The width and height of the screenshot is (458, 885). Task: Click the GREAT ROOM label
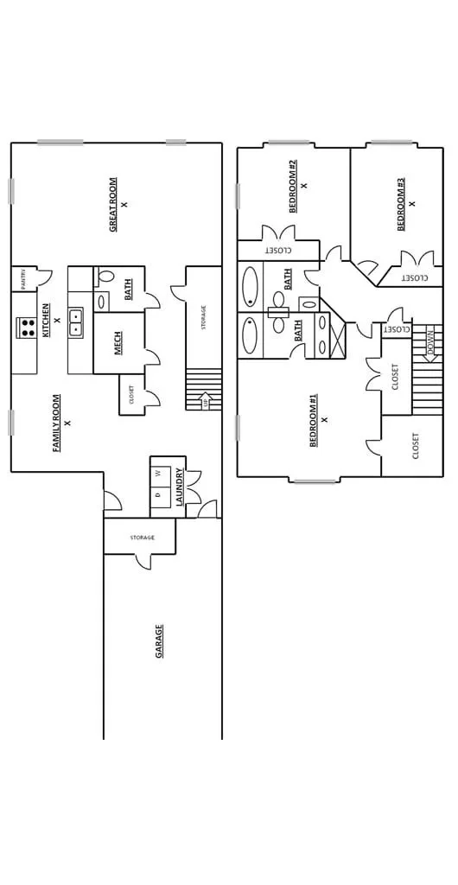(x=113, y=205)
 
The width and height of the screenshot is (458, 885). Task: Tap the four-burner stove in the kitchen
(x=25, y=328)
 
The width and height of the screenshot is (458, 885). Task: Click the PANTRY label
(x=23, y=279)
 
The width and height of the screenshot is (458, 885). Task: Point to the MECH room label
(x=118, y=342)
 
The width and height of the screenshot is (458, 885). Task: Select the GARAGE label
(x=160, y=641)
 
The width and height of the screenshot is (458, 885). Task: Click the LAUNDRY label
(x=179, y=487)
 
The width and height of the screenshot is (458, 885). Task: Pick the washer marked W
(x=159, y=473)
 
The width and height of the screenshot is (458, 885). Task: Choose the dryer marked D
(x=159, y=494)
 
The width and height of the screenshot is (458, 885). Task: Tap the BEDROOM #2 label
(x=293, y=187)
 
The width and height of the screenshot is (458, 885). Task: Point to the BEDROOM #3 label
(x=401, y=204)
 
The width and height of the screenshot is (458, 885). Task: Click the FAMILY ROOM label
(x=56, y=423)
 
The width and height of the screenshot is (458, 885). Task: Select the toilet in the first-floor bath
(x=104, y=276)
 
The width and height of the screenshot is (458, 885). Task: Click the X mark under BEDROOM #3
(x=412, y=204)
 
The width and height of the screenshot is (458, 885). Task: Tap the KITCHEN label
(x=46, y=320)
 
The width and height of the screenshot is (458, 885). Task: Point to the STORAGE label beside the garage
(x=142, y=538)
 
